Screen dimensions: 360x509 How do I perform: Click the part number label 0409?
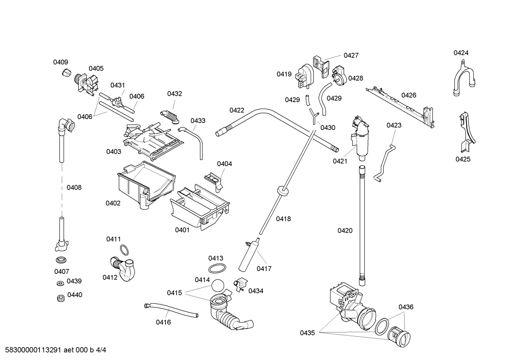tap(60, 62)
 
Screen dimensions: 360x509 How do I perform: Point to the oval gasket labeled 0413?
tap(216, 268)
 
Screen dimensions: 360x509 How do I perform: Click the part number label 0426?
tap(409, 95)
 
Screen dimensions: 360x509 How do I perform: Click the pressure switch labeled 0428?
tap(339, 75)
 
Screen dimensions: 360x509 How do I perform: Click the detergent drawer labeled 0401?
tap(200, 209)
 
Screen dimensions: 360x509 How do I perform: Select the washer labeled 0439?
tap(60, 283)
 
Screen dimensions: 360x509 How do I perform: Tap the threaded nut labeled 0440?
tap(60, 298)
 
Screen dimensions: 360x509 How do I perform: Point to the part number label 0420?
tap(345, 231)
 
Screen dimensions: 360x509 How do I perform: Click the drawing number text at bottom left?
tap(53, 350)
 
